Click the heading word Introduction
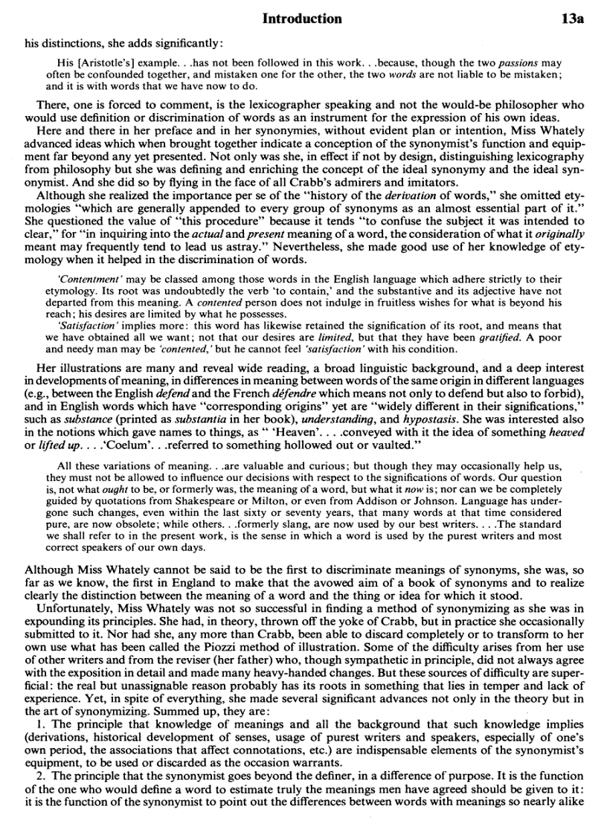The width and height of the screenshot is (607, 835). tap(303, 19)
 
